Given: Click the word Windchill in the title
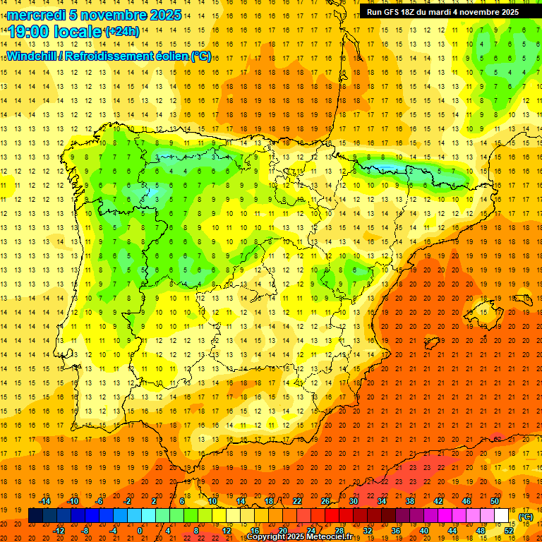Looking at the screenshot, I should (30, 55).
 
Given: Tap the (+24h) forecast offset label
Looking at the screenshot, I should (121, 32).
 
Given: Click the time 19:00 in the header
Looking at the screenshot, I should (29, 32).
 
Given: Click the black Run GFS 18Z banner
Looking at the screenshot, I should (442, 12).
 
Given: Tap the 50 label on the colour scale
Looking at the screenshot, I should (494, 501).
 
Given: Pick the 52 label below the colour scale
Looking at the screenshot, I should (509, 531).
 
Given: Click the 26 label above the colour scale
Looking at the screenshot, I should (325, 501).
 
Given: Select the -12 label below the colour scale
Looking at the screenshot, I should (59, 531).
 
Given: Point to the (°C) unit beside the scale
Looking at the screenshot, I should (526, 517).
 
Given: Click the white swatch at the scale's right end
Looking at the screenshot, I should (502, 516).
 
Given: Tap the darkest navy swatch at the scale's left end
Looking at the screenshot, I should (35, 516).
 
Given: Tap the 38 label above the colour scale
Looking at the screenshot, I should (409, 501).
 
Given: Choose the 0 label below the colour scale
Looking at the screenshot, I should (140, 531).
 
